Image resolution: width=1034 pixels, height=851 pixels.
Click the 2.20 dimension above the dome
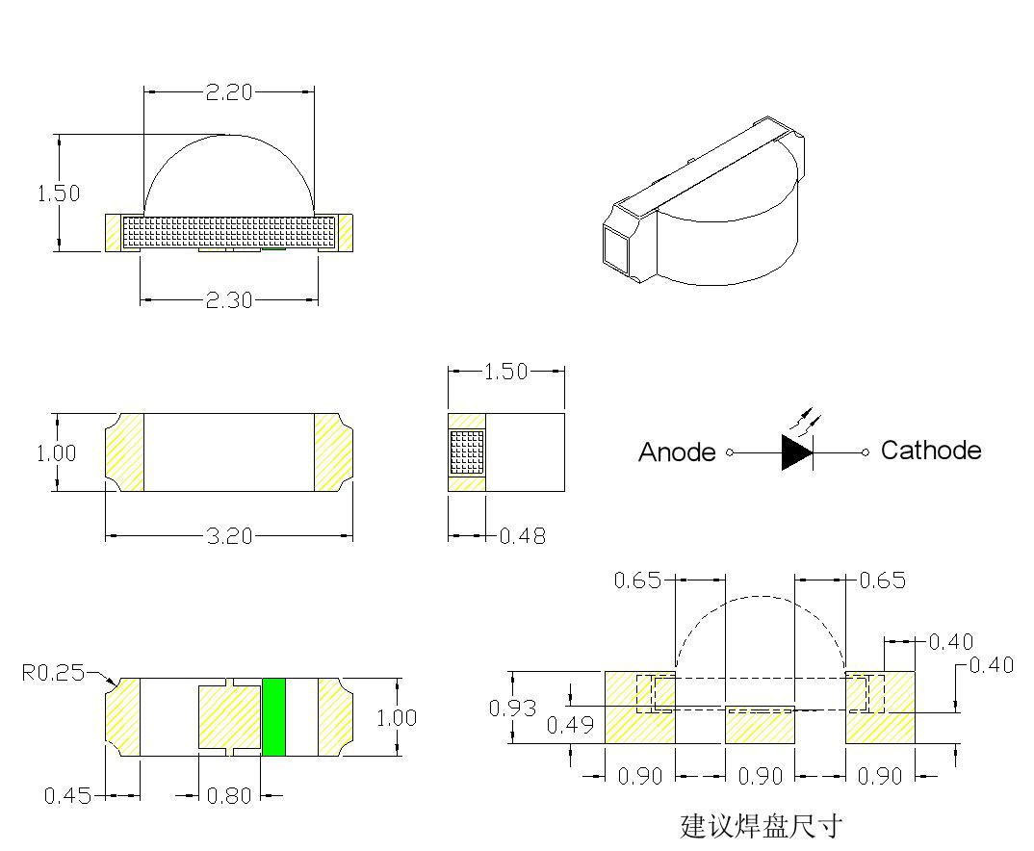pyautogui.click(x=228, y=92)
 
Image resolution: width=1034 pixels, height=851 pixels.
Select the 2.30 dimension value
pyautogui.click(x=228, y=300)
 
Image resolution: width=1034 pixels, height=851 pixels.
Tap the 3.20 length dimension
pyautogui.click(x=228, y=536)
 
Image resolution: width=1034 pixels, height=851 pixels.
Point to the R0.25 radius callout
pyautogui.click(x=53, y=672)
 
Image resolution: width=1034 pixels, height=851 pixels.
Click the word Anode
pyautogui.click(x=677, y=452)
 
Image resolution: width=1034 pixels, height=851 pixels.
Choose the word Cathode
pyautogui.click(x=931, y=451)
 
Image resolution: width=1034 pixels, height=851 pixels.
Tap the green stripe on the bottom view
pyautogui.click(x=274, y=717)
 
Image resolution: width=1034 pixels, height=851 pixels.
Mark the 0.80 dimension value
pyautogui.click(x=228, y=796)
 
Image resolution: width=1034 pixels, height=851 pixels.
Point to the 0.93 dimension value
pyautogui.click(x=513, y=709)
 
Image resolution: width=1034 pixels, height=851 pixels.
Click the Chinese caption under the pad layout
pyautogui.click(x=761, y=826)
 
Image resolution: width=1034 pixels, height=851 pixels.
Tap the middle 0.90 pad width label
pyautogui.click(x=760, y=777)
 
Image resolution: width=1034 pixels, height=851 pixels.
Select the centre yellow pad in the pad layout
pyautogui.click(x=760, y=725)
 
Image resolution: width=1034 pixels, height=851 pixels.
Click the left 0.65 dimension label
pyautogui.click(x=638, y=580)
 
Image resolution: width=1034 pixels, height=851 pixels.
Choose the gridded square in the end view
pyautogui.click(x=467, y=452)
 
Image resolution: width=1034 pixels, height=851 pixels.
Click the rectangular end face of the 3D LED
pyautogui.click(x=615, y=248)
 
